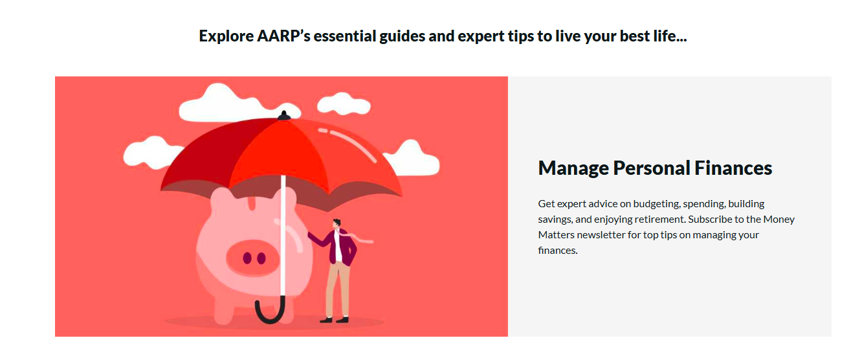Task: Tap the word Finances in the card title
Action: tap(733, 168)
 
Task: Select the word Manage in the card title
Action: tap(573, 168)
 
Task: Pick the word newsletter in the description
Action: tap(601, 234)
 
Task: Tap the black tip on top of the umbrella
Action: tap(284, 115)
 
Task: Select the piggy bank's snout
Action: tap(252, 258)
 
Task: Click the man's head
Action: tap(337, 223)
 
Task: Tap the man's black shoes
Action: tap(334, 320)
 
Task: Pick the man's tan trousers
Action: tap(338, 289)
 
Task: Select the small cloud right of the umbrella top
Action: tap(344, 103)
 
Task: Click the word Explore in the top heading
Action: tap(227, 36)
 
